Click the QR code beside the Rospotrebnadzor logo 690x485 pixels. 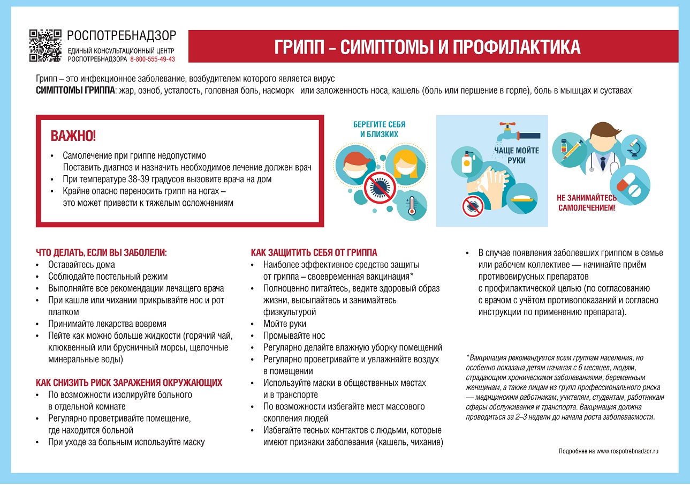tap(45, 46)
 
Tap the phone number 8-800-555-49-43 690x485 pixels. tap(153, 59)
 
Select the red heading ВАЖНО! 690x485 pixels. tap(73, 136)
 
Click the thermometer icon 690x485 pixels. tap(412, 205)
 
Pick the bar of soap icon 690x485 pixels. tap(521, 198)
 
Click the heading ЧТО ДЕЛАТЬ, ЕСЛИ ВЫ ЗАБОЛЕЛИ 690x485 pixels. tap(101, 252)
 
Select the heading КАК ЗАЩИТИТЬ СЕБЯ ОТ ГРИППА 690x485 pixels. tap(314, 252)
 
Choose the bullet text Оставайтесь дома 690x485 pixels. tap(81, 265)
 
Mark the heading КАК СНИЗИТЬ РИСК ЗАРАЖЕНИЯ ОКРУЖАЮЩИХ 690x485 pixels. tap(129, 383)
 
